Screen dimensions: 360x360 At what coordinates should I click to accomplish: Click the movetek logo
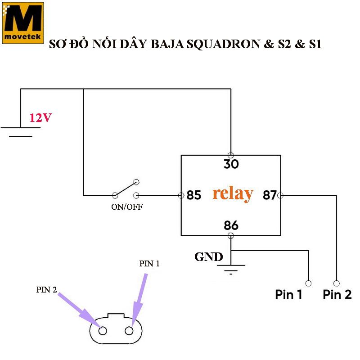[x=22, y=22]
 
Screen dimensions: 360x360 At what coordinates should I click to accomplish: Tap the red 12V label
[x=40, y=118]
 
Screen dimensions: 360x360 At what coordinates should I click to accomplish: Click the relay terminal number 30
[x=231, y=164]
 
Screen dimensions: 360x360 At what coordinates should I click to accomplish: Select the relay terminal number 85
[x=193, y=196]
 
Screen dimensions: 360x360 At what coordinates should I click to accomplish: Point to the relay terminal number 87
[x=269, y=196]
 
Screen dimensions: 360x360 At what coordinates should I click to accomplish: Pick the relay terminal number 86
[x=231, y=225]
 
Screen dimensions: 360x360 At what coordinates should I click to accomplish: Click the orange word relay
[x=233, y=193]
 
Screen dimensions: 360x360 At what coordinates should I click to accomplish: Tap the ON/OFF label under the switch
[x=127, y=207]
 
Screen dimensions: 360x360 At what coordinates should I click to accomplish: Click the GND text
[x=208, y=257]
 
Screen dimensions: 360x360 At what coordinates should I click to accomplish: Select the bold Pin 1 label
[x=288, y=295]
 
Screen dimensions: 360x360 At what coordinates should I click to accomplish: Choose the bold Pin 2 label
[x=337, y=295]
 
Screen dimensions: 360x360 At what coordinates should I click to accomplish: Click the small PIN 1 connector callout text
[x=149, y=264]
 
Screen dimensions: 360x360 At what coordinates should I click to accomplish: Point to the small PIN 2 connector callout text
[x=47, y=290]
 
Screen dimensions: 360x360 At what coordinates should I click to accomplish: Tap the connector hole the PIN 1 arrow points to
[x=130, y=331]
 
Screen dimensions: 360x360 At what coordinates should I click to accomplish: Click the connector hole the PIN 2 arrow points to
[x=103, y=331]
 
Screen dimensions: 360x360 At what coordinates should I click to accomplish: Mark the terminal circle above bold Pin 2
[x=336, y=283]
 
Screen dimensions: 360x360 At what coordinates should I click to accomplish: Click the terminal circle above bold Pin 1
[x=308, y=283]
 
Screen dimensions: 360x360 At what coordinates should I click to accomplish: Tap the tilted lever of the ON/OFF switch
[x=126, y=189]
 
